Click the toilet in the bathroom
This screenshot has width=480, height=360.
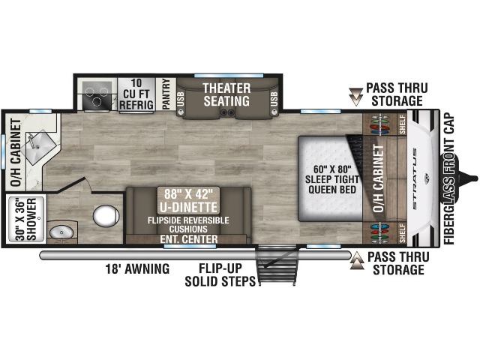tap(106, 216)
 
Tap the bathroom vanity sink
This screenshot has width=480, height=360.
tap(61, 232)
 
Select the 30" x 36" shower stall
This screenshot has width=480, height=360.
tap(26, 219)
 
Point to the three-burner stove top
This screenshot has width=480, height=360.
tap(97, 95)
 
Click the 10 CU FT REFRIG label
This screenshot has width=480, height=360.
tap(136, 94)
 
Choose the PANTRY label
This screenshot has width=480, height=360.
tap(166, 94)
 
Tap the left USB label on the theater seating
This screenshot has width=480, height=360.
tap(181, 99)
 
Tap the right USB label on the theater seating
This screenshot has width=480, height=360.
tap(274, 99)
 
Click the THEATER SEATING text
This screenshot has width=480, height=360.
tap(226, 94)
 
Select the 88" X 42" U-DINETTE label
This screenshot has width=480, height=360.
tap(188, 200)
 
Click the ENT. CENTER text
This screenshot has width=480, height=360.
tap(189, 239)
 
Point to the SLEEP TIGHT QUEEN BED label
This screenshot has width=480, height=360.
tap(332, 184)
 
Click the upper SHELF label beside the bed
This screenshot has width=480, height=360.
tap(402, 124)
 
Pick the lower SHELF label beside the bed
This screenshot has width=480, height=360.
tap(402, 233)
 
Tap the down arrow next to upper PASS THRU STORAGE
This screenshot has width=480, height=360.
tap(355, 97)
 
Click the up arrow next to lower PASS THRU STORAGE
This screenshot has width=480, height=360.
tap(357, 261)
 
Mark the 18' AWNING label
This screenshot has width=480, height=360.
tap(137, 268)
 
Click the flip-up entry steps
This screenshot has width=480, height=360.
tap(277, 265)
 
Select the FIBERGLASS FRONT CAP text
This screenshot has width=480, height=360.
tap(449, 178)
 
